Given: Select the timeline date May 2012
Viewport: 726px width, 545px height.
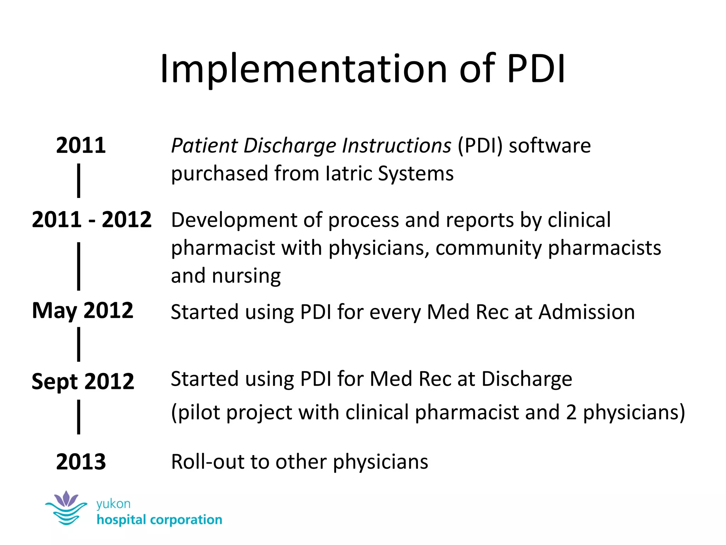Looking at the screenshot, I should click(83, 310).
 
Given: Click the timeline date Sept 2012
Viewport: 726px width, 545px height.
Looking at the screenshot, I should click(83, 381).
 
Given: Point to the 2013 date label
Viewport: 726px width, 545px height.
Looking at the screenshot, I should click(81, 462).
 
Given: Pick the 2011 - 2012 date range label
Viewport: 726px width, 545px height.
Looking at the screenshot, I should click(91, 219).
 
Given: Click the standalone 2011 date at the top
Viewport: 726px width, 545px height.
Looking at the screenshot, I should click(81, 145).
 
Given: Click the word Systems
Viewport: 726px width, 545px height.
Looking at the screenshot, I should click(415, 174).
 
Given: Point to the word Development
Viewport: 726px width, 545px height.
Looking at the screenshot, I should click(234, 220).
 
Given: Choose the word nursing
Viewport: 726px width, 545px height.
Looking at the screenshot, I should click(246, 276).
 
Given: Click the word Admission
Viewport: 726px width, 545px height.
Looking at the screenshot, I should click(587, 312).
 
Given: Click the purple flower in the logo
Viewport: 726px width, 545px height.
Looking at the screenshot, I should click(66, 499).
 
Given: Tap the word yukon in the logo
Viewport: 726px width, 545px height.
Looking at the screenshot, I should click(113, 504).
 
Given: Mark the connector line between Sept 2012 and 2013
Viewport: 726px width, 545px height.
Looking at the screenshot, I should click(79, 417).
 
